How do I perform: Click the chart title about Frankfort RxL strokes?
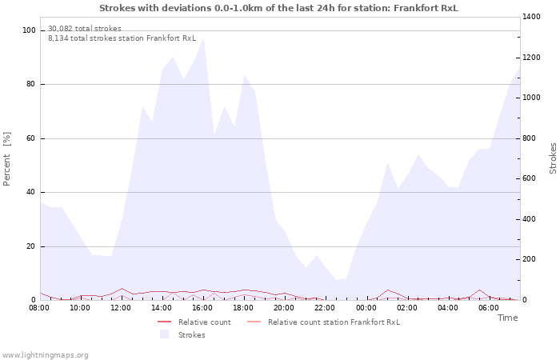point(279,7)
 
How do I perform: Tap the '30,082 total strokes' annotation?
point(85,29)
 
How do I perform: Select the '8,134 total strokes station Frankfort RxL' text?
point(122,38)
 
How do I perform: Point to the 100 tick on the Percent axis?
point(30,30)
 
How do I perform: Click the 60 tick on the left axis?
point(31,138)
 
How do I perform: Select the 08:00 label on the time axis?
point(39,307)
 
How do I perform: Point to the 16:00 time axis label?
point(202,307)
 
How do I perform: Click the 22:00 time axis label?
point(325,307)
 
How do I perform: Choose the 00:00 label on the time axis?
point(366,307)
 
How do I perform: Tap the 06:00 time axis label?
point(488,307)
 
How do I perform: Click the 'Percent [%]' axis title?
point(7,159)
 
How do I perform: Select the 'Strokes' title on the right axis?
point(553,158)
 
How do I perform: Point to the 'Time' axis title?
point(507,318)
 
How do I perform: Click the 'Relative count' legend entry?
point(204,322)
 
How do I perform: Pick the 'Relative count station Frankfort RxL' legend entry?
point(334,322)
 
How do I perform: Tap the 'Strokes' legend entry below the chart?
point(191,334)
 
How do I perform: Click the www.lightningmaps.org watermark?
point(45,354)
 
